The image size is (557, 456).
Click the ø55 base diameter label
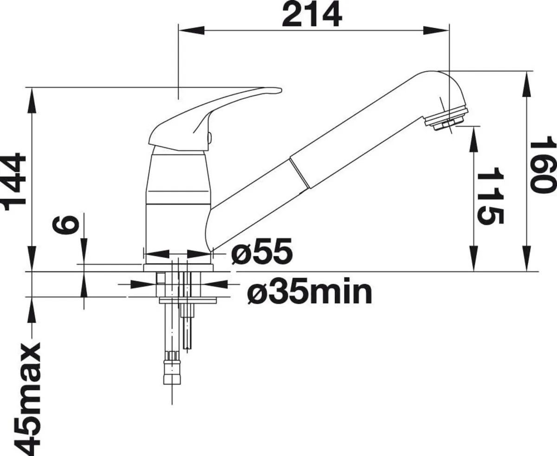262,252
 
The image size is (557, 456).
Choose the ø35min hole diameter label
309,292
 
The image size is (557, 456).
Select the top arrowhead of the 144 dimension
32,95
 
